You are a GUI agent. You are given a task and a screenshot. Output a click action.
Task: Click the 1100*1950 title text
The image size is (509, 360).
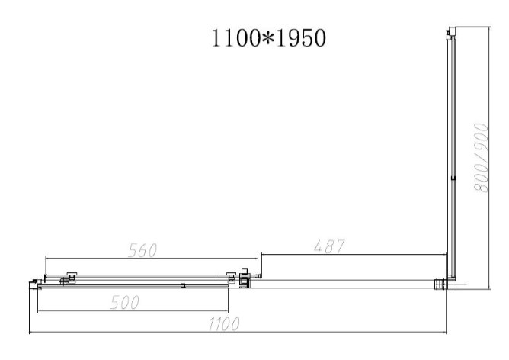click(268, 38)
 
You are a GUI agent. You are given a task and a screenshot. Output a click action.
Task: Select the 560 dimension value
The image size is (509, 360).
click(142, 250)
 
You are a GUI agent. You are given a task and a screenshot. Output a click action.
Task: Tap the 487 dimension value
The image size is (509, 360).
click(329, 246)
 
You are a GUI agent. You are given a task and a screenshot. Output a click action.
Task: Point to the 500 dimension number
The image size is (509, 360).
click(125, 302)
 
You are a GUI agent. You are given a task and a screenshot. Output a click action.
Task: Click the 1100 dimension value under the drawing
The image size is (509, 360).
click(224, 323)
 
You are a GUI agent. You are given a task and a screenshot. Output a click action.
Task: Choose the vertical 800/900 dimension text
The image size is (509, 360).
click(482, 158)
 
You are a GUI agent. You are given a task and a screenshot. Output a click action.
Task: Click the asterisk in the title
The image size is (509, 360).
click(268, 38)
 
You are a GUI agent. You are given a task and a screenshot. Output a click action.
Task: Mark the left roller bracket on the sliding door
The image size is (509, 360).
click(72, 277)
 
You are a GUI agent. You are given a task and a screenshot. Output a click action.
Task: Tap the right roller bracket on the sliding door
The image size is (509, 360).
click(231, 277)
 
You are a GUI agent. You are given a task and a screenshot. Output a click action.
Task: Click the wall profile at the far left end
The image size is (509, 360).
click(34, 284)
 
